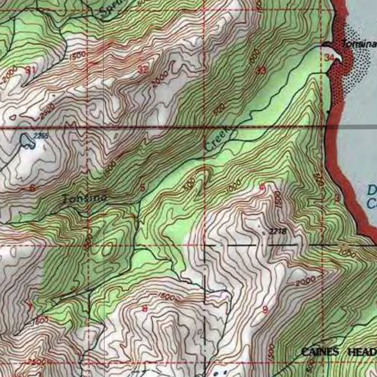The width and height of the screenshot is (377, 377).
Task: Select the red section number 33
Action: point(261,71)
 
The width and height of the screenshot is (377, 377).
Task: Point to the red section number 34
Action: point(329,57)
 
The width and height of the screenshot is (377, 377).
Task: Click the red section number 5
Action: point(142,187)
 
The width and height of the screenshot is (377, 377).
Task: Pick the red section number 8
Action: point(145,309)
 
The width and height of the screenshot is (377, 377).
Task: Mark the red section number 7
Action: point(30,305)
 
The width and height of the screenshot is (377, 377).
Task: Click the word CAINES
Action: point(320,352)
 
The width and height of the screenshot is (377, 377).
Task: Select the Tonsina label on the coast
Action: point(359,44)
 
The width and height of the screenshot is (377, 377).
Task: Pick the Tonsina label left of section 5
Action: point(85,198)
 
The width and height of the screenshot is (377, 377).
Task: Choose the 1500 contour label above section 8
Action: point(168,296)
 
